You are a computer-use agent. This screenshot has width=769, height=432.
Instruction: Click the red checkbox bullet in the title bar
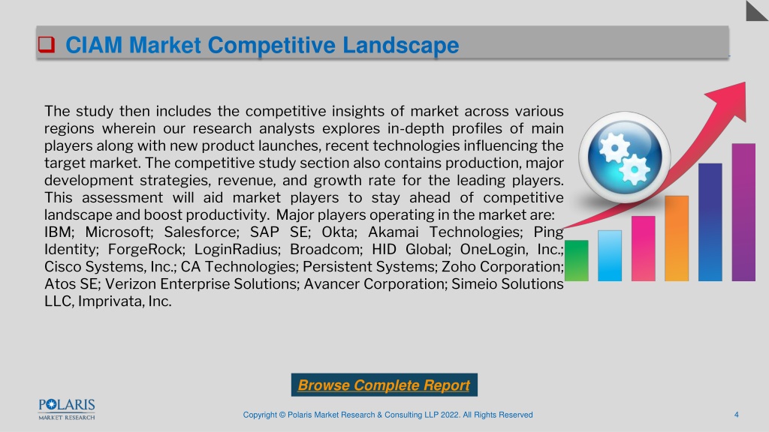point(47,44)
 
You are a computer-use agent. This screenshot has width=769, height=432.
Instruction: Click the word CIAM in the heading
point(94,45)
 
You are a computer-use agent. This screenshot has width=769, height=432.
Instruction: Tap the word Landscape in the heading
point(401,45)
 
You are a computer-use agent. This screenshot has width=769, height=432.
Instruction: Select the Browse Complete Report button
point(384,385)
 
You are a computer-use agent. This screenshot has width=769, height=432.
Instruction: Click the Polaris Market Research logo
point(67,409)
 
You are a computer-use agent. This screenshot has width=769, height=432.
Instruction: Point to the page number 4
point(736,415)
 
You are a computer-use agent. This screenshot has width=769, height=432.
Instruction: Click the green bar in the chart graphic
point(576,260)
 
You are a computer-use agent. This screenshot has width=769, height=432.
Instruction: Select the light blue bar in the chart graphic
point(610,256)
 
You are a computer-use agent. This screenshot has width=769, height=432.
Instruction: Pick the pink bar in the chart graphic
point(643,248)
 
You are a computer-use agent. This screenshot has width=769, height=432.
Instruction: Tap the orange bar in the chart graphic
point(677,238)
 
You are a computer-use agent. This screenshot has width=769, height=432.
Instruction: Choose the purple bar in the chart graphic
point(743,212)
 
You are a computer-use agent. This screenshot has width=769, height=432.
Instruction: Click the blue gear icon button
point(624,157)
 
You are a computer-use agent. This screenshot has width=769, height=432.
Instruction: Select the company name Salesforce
point(201,232)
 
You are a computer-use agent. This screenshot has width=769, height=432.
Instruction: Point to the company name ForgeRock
point(146,249)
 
